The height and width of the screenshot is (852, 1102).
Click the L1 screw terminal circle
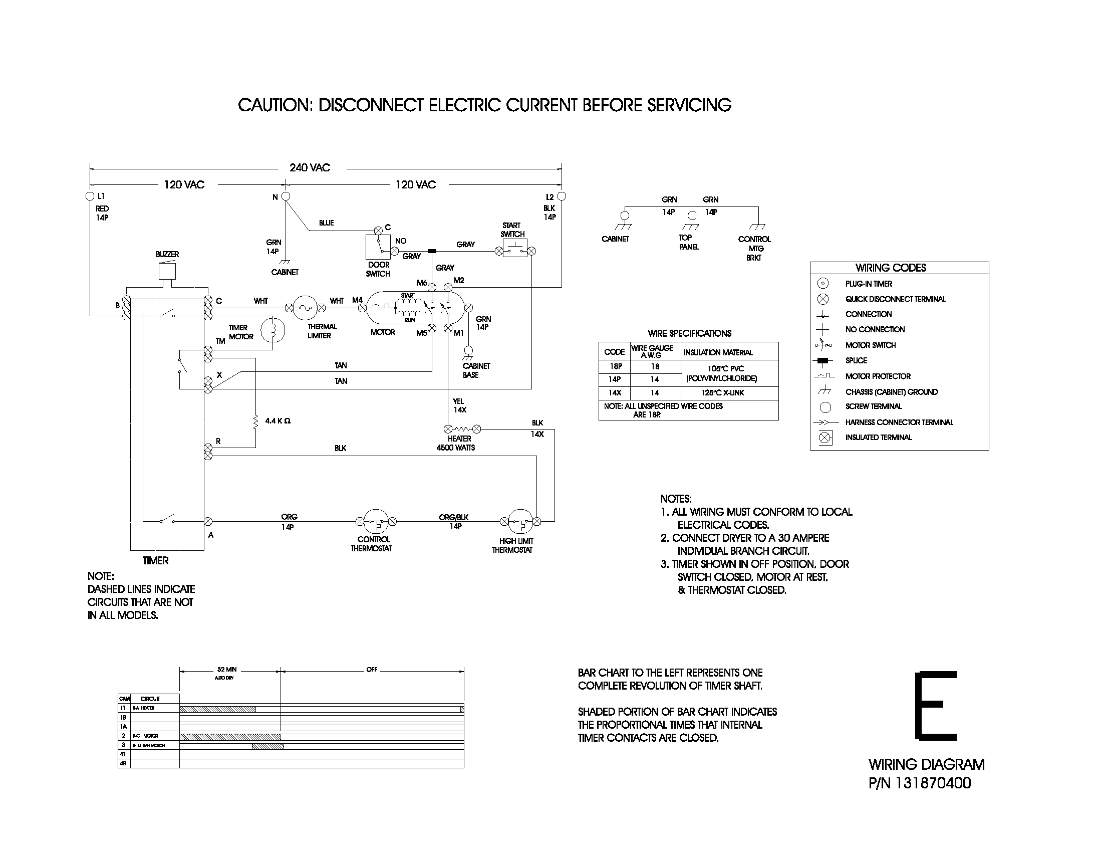(90, 196)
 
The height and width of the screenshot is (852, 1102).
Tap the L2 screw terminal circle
(561, 196)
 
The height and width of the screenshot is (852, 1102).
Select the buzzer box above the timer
(167, 272)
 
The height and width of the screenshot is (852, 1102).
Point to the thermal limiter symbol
(305, 308)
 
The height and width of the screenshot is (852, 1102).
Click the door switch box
(377, 247)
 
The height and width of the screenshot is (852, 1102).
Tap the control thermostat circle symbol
(376, 521)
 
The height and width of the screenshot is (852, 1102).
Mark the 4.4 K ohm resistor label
(278, 420)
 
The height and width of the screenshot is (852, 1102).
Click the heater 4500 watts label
(456, 443)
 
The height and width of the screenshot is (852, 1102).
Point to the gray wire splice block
(432, 251)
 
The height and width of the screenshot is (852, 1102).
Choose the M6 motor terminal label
(422, 283)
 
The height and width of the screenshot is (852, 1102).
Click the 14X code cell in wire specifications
(614, 393)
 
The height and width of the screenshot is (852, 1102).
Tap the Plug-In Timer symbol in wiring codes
(822, 284)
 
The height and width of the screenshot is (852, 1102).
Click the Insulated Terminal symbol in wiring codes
(824, 438)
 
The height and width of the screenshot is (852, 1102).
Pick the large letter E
(936, 706)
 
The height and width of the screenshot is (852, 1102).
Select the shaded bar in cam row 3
(267, 746)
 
